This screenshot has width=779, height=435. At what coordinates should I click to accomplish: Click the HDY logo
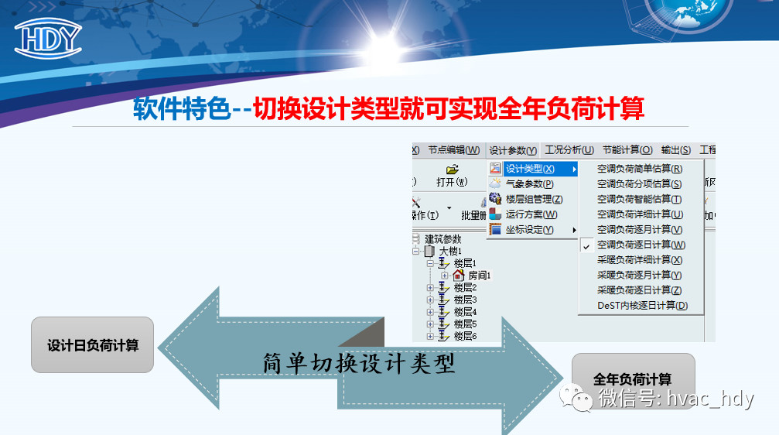pyautogui.click(x=48, y=38)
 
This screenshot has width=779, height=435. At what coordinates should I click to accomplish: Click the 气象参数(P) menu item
pyautogui.click(x=529, y=184)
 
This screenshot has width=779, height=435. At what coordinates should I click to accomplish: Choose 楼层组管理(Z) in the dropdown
pyautogui.click(x=534, y=200)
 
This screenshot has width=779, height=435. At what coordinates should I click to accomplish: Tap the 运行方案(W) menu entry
pyautogui.click(x=531, y=214)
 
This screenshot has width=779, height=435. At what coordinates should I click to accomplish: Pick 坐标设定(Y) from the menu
pyautogui.click(x=529, y=230)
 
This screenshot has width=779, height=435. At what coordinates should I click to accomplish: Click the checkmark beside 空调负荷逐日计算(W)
pyautogui.click(x=586, y=246)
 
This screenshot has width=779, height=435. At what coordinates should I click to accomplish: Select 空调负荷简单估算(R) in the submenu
pyautogui.click(x=640, y=169)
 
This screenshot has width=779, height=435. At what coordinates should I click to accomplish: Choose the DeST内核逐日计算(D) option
pyautogui.click(x=642, y=306)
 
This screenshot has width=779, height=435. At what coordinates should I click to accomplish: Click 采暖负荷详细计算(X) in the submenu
pyautogui.click(x=640, y=260)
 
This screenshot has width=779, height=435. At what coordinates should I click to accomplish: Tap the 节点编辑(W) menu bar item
pyautogui.click(x=453, y=150)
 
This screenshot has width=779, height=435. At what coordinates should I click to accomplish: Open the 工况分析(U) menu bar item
pyautogui.click(x=569, y=150)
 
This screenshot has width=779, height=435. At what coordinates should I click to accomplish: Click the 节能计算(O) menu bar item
pyautogui.click(x=627, y=150)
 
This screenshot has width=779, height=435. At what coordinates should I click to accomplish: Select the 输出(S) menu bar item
pyautogui.click(x=675, y=150)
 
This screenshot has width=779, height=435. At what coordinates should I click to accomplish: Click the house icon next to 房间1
pyautogui.click(x=458, y=275)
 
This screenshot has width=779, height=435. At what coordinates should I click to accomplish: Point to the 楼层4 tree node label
pyautogui.click(x=465, y=312)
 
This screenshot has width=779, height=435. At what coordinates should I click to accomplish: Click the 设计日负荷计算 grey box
pyautogui.click(x=92, y=345)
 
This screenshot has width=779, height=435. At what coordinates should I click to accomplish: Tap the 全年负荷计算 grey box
pyautogui.click(x=633, y=380)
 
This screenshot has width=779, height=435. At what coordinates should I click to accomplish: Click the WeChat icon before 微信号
pyautogui.click(x=576, y=397)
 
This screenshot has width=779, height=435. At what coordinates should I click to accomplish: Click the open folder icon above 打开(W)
pyautogui.click(x=452, y=170)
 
